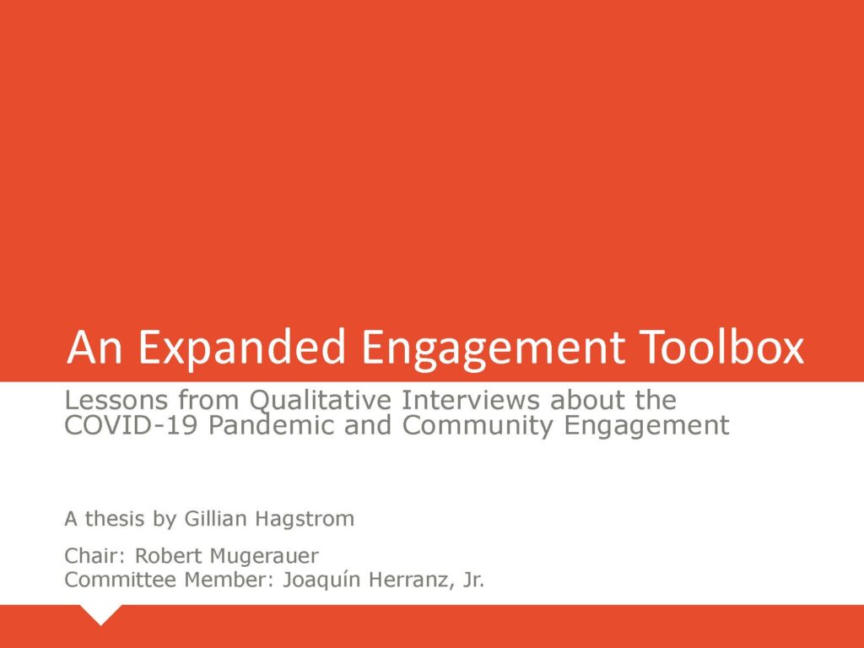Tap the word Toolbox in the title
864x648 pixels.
[x=722, y=347]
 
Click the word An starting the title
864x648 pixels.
[x=94, y=347]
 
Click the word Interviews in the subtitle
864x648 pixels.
[x=470, y=399]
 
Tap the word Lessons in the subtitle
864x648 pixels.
[x=116, y=400]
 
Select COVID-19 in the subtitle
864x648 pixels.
[x=131, y=425]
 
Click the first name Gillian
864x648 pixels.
[x=215, y=519]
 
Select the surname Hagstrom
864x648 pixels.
[x=304, y=520]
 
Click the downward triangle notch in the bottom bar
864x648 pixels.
[x=100, y=613]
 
